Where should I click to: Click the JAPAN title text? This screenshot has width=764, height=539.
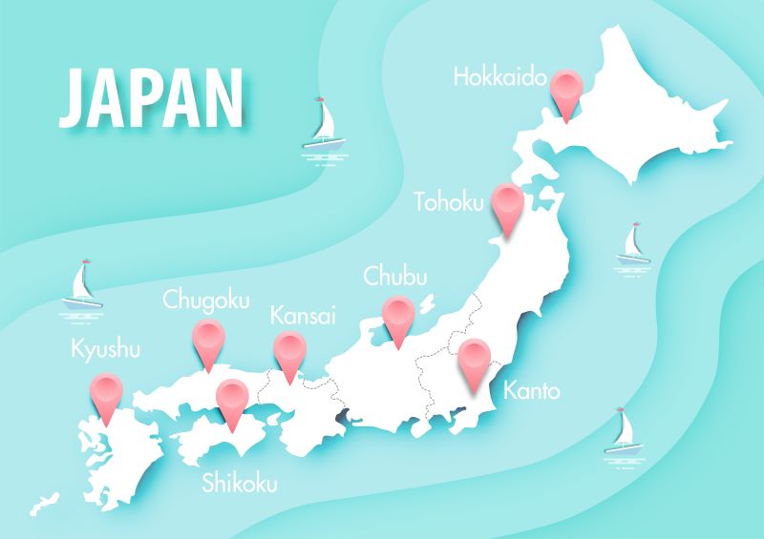coord(151,98)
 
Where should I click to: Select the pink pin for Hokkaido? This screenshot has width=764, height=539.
coord(569,90)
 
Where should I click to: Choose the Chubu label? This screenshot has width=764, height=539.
coord(395,278)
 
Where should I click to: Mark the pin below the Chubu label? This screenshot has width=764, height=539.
coord(397,317)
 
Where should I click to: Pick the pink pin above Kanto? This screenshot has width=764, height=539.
coord(474,363)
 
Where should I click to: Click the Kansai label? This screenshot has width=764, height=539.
coord(303,315)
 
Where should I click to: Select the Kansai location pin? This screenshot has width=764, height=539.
coord(289,352)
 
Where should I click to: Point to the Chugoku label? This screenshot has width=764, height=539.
coord(206,301)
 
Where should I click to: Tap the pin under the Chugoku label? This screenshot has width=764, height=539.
coord(206,340)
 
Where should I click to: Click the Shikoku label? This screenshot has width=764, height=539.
coord(240,483)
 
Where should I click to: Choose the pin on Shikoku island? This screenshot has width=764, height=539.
coord(233,399)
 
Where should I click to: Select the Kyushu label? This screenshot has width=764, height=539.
coord(106,349)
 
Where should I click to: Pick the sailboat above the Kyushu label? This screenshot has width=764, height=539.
coord(82,285)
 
